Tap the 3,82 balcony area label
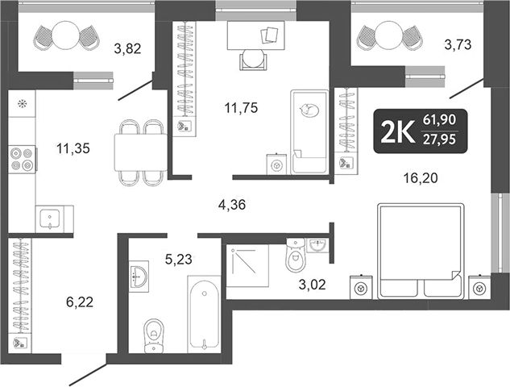coord(128,49)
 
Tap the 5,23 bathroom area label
coord(178,260)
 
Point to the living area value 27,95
coord(440,139)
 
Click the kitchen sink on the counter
coord(50,218)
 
